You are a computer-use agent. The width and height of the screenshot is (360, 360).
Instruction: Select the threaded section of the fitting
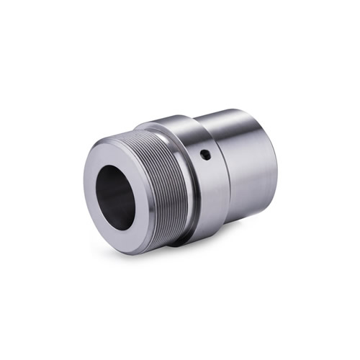tap(167, 189)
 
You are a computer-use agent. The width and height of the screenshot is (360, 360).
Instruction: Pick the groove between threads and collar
tap(189, 191)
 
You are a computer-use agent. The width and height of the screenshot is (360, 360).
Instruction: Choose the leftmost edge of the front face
tap(85, 194)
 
